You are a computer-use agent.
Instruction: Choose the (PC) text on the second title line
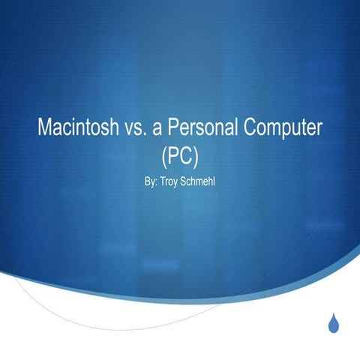tap(180, 155)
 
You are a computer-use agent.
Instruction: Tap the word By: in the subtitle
tap(148, 182)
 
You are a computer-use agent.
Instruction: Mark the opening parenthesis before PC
tap(163, 156)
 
